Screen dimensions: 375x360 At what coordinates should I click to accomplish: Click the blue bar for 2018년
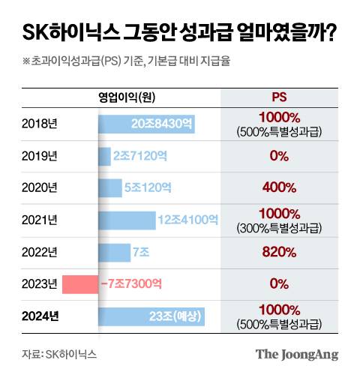click(x=146, y=124)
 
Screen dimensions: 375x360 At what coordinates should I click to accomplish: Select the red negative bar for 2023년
click(x=79, y=284)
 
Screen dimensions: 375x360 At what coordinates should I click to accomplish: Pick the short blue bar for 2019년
click(x=104, y=156)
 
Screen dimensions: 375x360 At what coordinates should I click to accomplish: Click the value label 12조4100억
click(x=187, y=220)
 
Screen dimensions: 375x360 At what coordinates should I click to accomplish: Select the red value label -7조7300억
click(x=132, y=284)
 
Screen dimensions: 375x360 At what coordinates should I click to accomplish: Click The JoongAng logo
click(x=296, y=354)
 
